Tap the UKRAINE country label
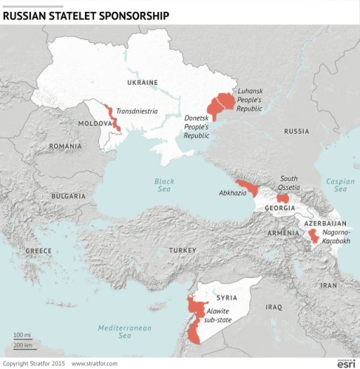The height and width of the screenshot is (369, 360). click(142, 82)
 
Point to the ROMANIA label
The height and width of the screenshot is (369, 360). click(65, 146)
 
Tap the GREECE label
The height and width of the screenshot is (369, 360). click(38, 251)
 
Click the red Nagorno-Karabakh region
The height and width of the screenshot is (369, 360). click(313, 236)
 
